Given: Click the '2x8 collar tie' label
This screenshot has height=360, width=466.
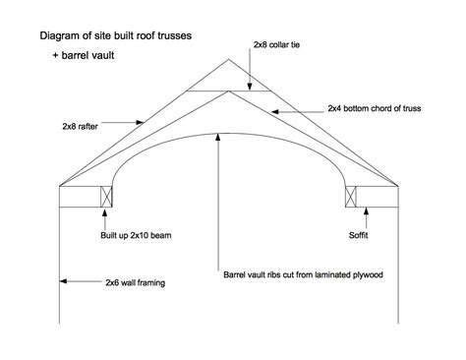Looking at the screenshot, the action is click(276, 44).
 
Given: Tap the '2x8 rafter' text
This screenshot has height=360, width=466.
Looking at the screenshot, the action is click(80, 126).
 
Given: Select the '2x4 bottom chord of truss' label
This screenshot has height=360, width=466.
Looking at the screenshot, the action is click(375, 108).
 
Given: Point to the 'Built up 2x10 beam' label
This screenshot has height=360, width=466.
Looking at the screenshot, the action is click(136, 235).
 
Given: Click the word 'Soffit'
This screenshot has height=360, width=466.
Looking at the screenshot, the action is click(358, 235).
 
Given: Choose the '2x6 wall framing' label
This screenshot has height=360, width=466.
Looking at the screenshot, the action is click(135, 282).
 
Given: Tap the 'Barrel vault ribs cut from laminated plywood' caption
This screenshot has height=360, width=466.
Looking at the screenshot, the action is click(303, 274).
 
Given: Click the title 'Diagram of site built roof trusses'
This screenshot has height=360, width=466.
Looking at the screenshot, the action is click(116, 35).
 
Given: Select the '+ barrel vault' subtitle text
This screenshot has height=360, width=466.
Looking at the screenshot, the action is click(84, 55).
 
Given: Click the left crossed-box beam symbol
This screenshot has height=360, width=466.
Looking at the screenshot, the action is click(106, 197).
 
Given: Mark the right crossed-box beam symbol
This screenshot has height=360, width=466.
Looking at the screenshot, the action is click(351, 197).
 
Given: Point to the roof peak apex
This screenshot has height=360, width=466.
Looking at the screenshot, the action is click(229, 59).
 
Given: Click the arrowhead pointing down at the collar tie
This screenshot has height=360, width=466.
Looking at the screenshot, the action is click(250, 86).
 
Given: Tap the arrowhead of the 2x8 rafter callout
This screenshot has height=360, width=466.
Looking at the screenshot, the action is click(140, 122).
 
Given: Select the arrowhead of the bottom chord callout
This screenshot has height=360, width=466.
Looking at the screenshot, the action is click(275, 112).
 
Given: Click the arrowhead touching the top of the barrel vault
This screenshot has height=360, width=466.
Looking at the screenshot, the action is click(217, 138).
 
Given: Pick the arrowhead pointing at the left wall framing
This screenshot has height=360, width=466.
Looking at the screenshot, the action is click(64, 281).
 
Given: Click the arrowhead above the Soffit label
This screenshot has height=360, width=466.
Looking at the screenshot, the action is click(366, 211).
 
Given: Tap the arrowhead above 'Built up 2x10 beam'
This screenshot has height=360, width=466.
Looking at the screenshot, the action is click(105, 211).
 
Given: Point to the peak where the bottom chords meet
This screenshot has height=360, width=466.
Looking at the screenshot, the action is click(229, 91).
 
